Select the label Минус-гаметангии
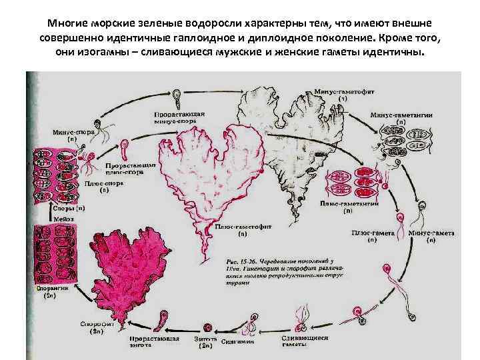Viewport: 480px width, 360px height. [399, 117]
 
